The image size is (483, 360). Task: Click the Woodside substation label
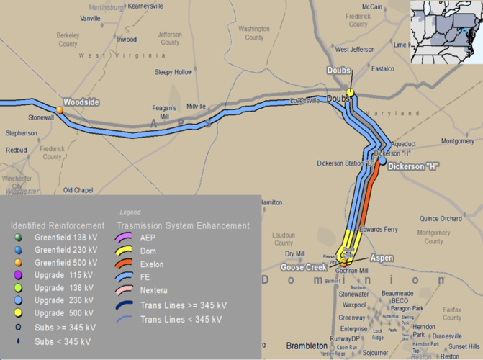coord(80,102)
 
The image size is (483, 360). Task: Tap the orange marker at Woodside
coord(60,109)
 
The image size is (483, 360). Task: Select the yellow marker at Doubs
coord(350,92)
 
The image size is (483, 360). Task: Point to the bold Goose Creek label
coord(304,268)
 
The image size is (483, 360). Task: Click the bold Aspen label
coord(382,257)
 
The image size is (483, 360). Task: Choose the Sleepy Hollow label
coord(173,72)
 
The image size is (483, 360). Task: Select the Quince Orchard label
coord(441,218)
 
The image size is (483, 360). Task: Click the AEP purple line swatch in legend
coord(129,237)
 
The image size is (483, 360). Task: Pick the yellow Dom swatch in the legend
coord(129,251)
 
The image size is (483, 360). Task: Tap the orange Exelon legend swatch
coord(129,264)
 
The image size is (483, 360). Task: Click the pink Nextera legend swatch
coord(129,292)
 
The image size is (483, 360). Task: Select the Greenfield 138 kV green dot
coord(19,237)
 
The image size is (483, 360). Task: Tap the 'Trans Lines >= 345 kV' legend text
coord(184,305)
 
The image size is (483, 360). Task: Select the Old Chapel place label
coord(78,190)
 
